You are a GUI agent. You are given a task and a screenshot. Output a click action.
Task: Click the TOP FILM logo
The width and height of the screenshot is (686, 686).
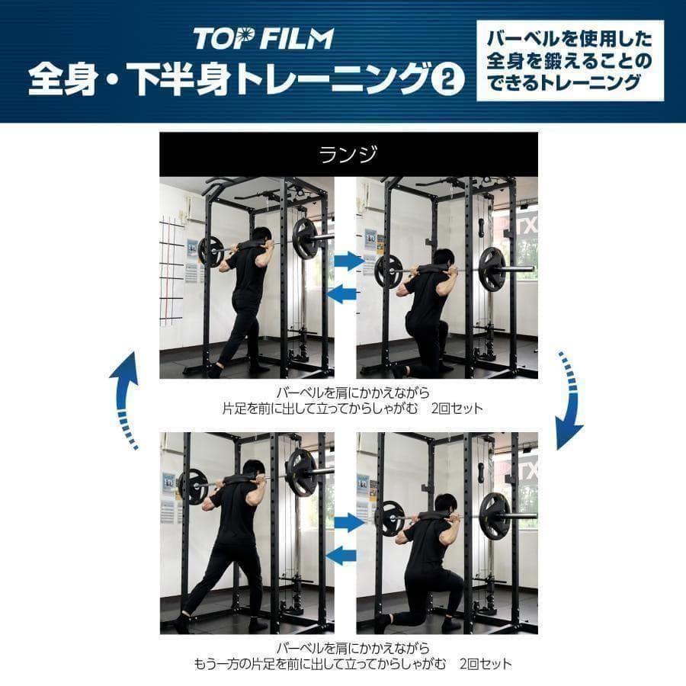[263, 38]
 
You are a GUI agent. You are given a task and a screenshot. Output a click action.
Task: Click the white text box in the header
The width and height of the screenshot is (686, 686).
[569, 60]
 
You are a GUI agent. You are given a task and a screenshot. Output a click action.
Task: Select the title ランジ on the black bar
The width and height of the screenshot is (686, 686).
[348, 154]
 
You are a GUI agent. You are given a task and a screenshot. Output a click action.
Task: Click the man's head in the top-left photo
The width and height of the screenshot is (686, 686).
[261, 237]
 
